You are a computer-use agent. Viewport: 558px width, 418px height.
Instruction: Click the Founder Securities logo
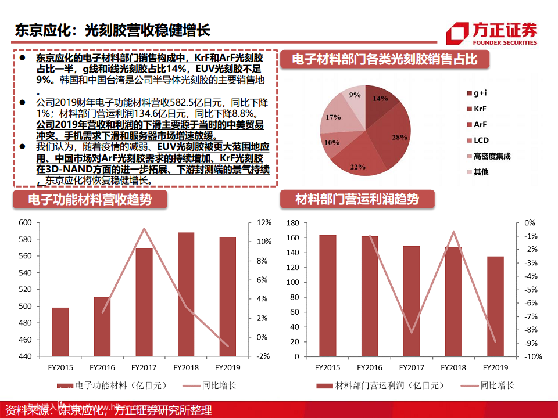click(x=491, y=33)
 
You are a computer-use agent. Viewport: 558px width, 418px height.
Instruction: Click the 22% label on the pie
click(x=357, y=167)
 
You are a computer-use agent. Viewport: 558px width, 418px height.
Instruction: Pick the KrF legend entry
click(x=480, y=109)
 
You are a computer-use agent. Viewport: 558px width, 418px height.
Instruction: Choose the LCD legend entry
click(x=481, y=140)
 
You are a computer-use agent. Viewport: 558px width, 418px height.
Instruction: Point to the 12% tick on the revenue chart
click(x=264, y=222)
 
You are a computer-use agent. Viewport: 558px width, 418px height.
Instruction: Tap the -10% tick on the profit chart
click(x=534, y=356)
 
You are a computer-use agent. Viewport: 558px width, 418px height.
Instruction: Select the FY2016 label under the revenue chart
click(x=102, y=367)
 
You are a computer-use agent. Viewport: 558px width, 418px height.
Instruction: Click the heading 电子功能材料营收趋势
click(x=90, y=200)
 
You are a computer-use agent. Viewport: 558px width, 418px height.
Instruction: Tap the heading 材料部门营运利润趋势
click(x=357, y=200)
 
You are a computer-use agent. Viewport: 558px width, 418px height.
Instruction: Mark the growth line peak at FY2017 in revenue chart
click(x=144, y=228)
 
